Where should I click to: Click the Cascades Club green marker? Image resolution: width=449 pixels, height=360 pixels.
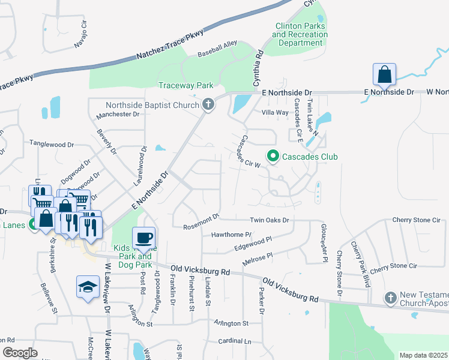coord(273,157)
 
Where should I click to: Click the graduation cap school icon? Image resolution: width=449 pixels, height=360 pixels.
coord(88,287)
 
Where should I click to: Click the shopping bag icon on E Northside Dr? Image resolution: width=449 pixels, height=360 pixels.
coord(384,75)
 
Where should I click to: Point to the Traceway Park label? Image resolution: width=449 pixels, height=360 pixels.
coord(182,85)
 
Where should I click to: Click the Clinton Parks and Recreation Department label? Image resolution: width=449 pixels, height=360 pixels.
coord(300,34)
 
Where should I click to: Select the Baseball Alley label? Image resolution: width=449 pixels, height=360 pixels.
coord(218,45)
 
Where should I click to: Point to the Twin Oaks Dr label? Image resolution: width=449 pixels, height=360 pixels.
coord(270,220)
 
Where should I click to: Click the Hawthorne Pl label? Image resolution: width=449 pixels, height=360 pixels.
coord(231,235)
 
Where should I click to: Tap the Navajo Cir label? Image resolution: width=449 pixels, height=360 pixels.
coord(80,37)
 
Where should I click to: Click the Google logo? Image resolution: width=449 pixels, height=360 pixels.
coord(20,353)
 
